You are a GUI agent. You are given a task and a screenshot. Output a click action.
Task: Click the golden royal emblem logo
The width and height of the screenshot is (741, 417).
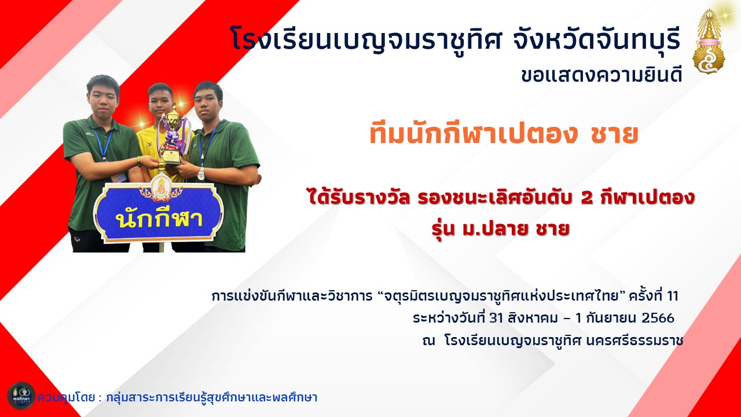tap(709, 41)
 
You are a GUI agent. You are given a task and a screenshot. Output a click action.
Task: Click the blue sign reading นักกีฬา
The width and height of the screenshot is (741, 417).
tap(159, 212)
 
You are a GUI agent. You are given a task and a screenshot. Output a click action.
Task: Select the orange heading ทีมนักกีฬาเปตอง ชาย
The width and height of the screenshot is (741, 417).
tap(504, 134)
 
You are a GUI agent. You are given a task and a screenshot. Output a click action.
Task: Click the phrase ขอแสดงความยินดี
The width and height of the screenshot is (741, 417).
tap(601, 76)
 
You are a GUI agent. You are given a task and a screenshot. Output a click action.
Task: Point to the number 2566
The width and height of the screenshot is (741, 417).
tap(658, 318)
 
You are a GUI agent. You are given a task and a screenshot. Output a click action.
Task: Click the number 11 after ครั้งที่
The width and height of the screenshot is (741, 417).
tap(672, 296)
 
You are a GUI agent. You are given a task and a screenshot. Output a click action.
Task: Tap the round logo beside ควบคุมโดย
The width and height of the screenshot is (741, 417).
tap(21, 396)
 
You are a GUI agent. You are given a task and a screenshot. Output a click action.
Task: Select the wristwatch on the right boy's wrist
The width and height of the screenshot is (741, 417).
tap(201, 173)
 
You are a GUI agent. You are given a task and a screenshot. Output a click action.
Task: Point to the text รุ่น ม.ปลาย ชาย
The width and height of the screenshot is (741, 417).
tap(501, 229)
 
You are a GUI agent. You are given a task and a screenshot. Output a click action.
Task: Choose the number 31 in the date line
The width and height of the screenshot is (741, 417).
tap(496, 318)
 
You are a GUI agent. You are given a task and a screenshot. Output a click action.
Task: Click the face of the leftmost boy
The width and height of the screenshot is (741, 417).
tap(103, 98)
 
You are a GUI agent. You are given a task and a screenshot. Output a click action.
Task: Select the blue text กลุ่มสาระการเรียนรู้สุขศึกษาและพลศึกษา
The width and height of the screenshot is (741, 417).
tap(212, 397)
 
